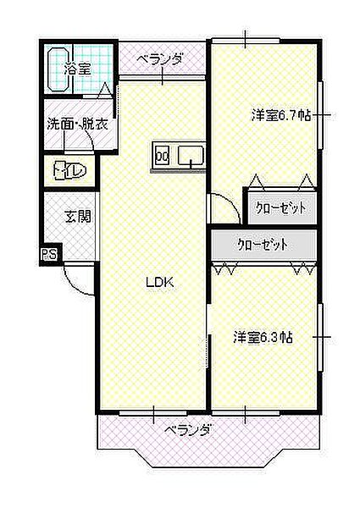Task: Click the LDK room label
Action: [x=160, y=283]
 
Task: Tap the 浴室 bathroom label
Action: [x=77, y=69]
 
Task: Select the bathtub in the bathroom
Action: [x=58, y=69]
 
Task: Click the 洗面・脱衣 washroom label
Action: [x=77, y=124]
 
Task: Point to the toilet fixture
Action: [x=70, y=170]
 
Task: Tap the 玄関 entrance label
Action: [x=78, y=217]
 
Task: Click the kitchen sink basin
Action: [x=191, y=155]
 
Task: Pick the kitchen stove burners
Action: [x=163, y=157]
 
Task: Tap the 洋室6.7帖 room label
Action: [x=281, y=115]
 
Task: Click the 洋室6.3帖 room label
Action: [x=263, y=337]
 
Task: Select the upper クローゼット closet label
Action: [x=280, y=208]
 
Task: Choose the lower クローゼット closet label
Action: [x=263, y=245]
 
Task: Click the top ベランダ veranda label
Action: [x=159, y=60]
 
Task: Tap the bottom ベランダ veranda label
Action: [x=188, y=431]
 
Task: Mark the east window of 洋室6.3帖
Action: [x=320, y=338]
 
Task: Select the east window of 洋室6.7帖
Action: [x=320, y=115]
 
